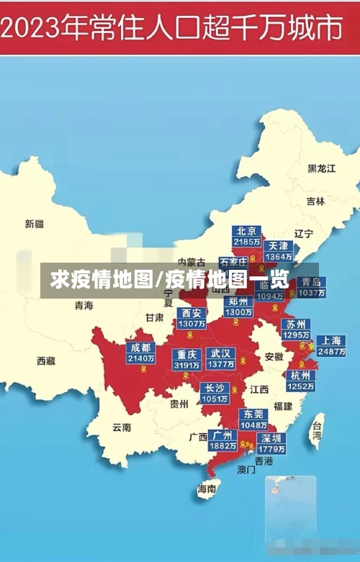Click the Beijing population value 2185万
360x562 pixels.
(247, 243)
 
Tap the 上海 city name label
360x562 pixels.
(331, 340)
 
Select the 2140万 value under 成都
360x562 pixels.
(140, 358)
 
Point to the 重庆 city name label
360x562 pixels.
(187, 354)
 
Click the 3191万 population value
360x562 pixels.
(187, 365)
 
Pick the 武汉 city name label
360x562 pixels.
(220, 354)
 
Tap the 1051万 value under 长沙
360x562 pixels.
(215, 399)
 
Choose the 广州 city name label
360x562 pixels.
(222, 435)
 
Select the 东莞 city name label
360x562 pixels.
(253, 414)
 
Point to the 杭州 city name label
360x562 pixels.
(300, 376)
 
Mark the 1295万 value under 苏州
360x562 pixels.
(296, 335)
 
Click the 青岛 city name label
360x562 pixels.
(312, 282)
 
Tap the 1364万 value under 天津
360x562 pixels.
(278, 256)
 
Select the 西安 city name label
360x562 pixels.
(192, 313)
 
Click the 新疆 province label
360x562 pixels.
(35, 224)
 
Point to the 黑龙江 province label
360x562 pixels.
(322, 168)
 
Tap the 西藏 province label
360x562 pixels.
(46, 361)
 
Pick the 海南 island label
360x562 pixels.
(207, 489)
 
